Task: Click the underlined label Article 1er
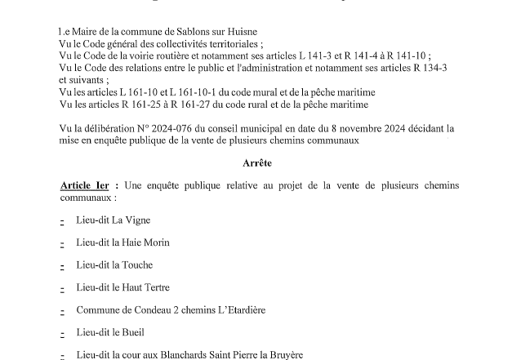coord(86,186)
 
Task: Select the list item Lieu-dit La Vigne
coord(114,220)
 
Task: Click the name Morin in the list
coord(155,242)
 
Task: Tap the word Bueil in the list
coord(132,333)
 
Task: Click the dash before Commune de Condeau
coord(62,311)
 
